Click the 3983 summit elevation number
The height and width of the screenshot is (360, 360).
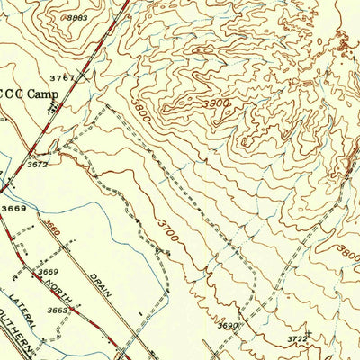pyautogui.click(x=76, y=17)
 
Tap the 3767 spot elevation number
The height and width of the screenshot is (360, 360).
pyautogui.click(x=62, y=77)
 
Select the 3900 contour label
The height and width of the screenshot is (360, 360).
pyautogui.click(x=217, y=104)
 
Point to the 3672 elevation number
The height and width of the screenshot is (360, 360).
pyautogui.click(x=37, y=165)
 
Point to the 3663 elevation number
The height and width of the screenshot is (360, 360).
pyautogui.click(x=57, y=310)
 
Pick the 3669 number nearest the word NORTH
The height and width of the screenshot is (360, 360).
pyautogui.click(x=49, y=272)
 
